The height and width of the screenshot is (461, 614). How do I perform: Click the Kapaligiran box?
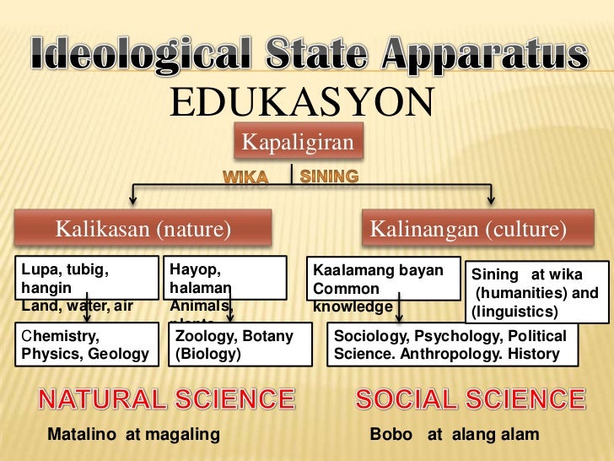(298, 143)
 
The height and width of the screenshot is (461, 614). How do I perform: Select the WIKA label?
(245, 177)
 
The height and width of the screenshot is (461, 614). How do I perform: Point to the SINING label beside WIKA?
(329, 176)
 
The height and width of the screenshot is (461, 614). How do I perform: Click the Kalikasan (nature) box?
(143, 229)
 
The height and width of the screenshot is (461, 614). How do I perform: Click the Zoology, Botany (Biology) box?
(234, 344)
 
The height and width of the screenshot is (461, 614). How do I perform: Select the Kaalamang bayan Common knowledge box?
(382, 285)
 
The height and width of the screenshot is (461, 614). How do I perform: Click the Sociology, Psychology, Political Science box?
(453, 344)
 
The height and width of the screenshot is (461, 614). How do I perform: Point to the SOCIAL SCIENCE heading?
(470, 399)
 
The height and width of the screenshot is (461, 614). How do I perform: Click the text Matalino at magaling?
(134, 435)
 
